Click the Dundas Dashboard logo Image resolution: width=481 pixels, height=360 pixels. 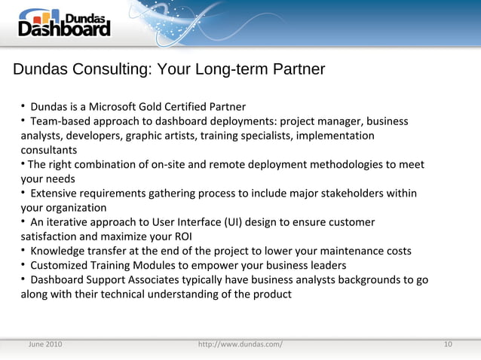click(x=64, y=23)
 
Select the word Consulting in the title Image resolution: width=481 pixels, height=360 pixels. click(x=112, y=69)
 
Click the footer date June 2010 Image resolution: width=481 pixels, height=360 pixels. click(x=45, y=344)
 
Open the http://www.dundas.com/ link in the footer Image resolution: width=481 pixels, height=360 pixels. click(x=240, y=344)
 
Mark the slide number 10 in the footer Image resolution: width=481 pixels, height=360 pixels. click(x=448, y=344)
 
